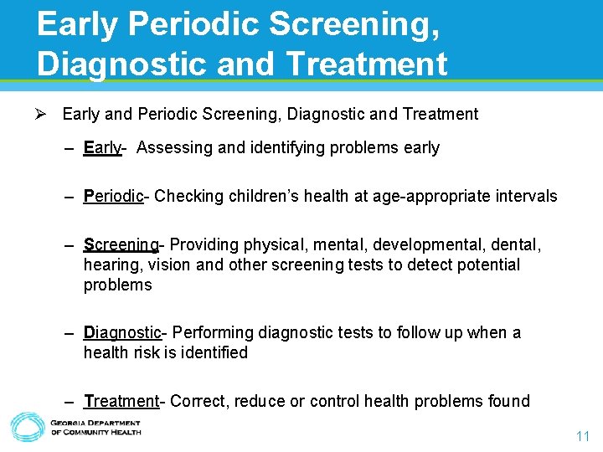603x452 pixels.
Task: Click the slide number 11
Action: click(583, 436)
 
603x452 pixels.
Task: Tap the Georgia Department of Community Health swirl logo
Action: click(27, 427)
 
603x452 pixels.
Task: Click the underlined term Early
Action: click(102, 148)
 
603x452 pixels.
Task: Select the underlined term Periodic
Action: click(114, 197)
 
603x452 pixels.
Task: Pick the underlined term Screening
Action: click(121, 245)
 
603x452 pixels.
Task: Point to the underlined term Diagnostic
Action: click(122, 333)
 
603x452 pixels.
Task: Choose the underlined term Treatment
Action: click(121, 402)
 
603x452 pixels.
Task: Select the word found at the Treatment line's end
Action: click(508, 402)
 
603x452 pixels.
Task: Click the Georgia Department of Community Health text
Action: click(95, 428)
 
